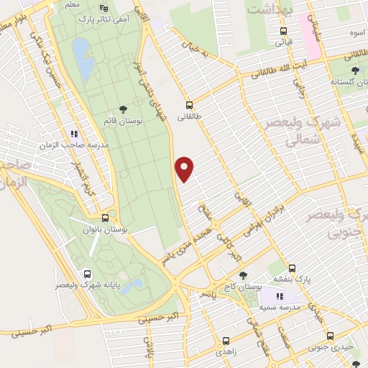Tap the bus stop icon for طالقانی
pos(189,103)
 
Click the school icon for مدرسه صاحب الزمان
pos(73,133)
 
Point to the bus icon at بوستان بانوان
pos(106,218)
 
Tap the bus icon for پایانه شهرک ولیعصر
pos(88,274)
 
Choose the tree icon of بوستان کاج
pos(242,275)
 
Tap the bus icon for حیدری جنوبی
pos(331,336)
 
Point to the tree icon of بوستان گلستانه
pos(355,70)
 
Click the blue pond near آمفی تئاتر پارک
pos(82,60)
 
